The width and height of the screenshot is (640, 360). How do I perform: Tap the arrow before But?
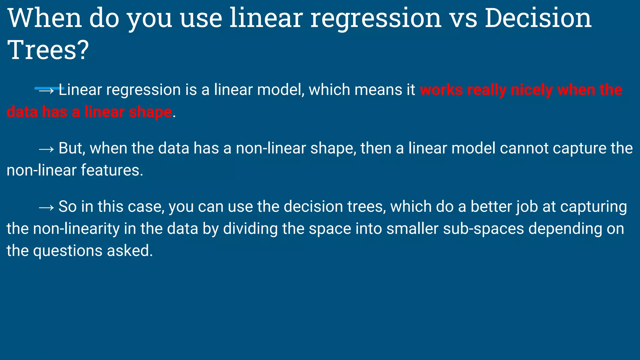[47, 149]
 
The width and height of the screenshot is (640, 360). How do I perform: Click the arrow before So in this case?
[47, 207]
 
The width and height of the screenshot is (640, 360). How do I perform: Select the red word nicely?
[531, 90]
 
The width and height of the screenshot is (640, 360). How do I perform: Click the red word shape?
[150, 112]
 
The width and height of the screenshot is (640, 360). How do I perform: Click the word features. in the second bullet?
[112, 171]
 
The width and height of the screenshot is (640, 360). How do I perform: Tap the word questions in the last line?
[68, 251]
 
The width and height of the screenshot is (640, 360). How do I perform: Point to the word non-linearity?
[76, 229]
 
